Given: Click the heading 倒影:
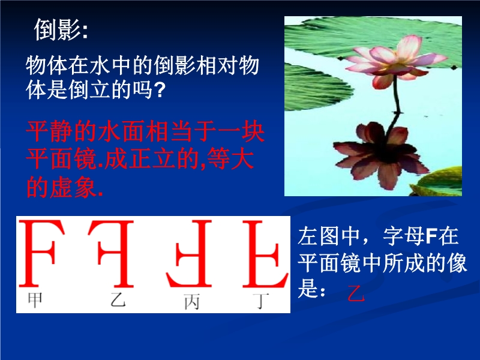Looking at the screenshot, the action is [x=61, y=29].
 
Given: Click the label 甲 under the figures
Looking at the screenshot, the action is [x=35, y=300].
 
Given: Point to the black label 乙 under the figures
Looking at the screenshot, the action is [x=118, y=300].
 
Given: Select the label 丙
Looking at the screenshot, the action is [x=192, y=302].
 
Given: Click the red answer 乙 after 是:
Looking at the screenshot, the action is [x=356, y=293].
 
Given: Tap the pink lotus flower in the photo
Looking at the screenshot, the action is [x=395, y=61].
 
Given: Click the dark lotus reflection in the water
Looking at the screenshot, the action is [x=381, y=153].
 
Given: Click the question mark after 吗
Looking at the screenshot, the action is [x=159, y=90].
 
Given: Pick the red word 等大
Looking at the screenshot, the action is [x=230, y=159].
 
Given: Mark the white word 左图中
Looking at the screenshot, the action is [x=329, y=236].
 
